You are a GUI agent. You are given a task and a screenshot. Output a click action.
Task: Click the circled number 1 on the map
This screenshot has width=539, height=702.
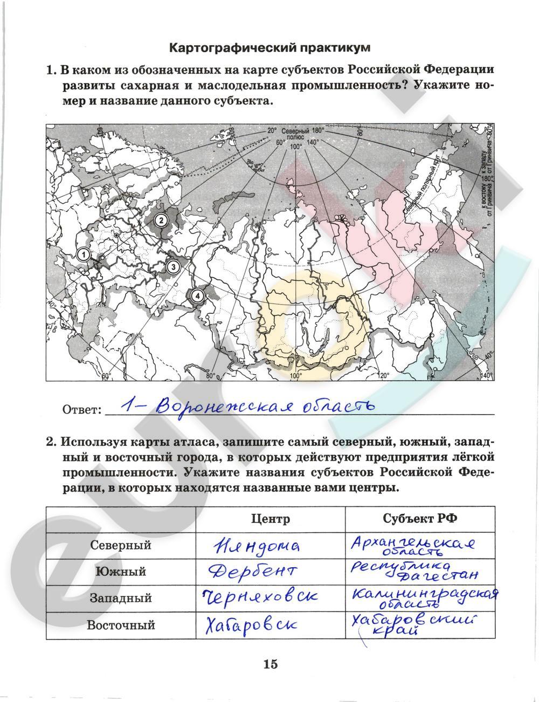tap(83, 255)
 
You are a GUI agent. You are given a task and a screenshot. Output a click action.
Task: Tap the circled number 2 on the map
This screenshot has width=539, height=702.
tap(160, 219)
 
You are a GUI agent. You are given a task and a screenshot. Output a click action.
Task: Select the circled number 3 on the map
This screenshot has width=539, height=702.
tap(172, 266)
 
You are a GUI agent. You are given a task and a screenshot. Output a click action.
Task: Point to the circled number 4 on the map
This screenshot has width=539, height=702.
tap(197, 295)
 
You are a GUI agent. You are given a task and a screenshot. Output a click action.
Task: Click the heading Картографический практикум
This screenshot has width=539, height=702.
tap(270, 47)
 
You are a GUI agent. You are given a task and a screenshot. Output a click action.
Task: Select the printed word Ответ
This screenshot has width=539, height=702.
tap(82, 410)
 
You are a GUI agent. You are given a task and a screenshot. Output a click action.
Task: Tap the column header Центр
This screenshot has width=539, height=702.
tap(270, 519)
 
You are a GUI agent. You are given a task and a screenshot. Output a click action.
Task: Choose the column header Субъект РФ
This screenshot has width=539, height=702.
tap(420, 519)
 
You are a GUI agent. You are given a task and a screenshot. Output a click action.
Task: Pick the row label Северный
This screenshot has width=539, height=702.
tap(121, 545)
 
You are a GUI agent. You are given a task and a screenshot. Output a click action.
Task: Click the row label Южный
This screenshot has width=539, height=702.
tap(121, 572)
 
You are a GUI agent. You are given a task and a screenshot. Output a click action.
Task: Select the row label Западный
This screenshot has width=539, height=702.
tap(121, 598)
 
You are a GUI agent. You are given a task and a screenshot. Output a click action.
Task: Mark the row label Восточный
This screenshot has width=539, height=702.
tap(121, 625)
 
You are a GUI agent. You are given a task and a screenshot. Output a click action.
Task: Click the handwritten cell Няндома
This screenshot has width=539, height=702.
tap(257, 546)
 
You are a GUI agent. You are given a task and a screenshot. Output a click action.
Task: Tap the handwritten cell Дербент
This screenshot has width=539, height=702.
tap(251, 572)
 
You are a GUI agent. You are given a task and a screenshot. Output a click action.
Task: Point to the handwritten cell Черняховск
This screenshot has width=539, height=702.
tap(259, 597)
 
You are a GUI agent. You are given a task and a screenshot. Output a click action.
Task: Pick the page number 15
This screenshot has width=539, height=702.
tap(271, 664)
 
